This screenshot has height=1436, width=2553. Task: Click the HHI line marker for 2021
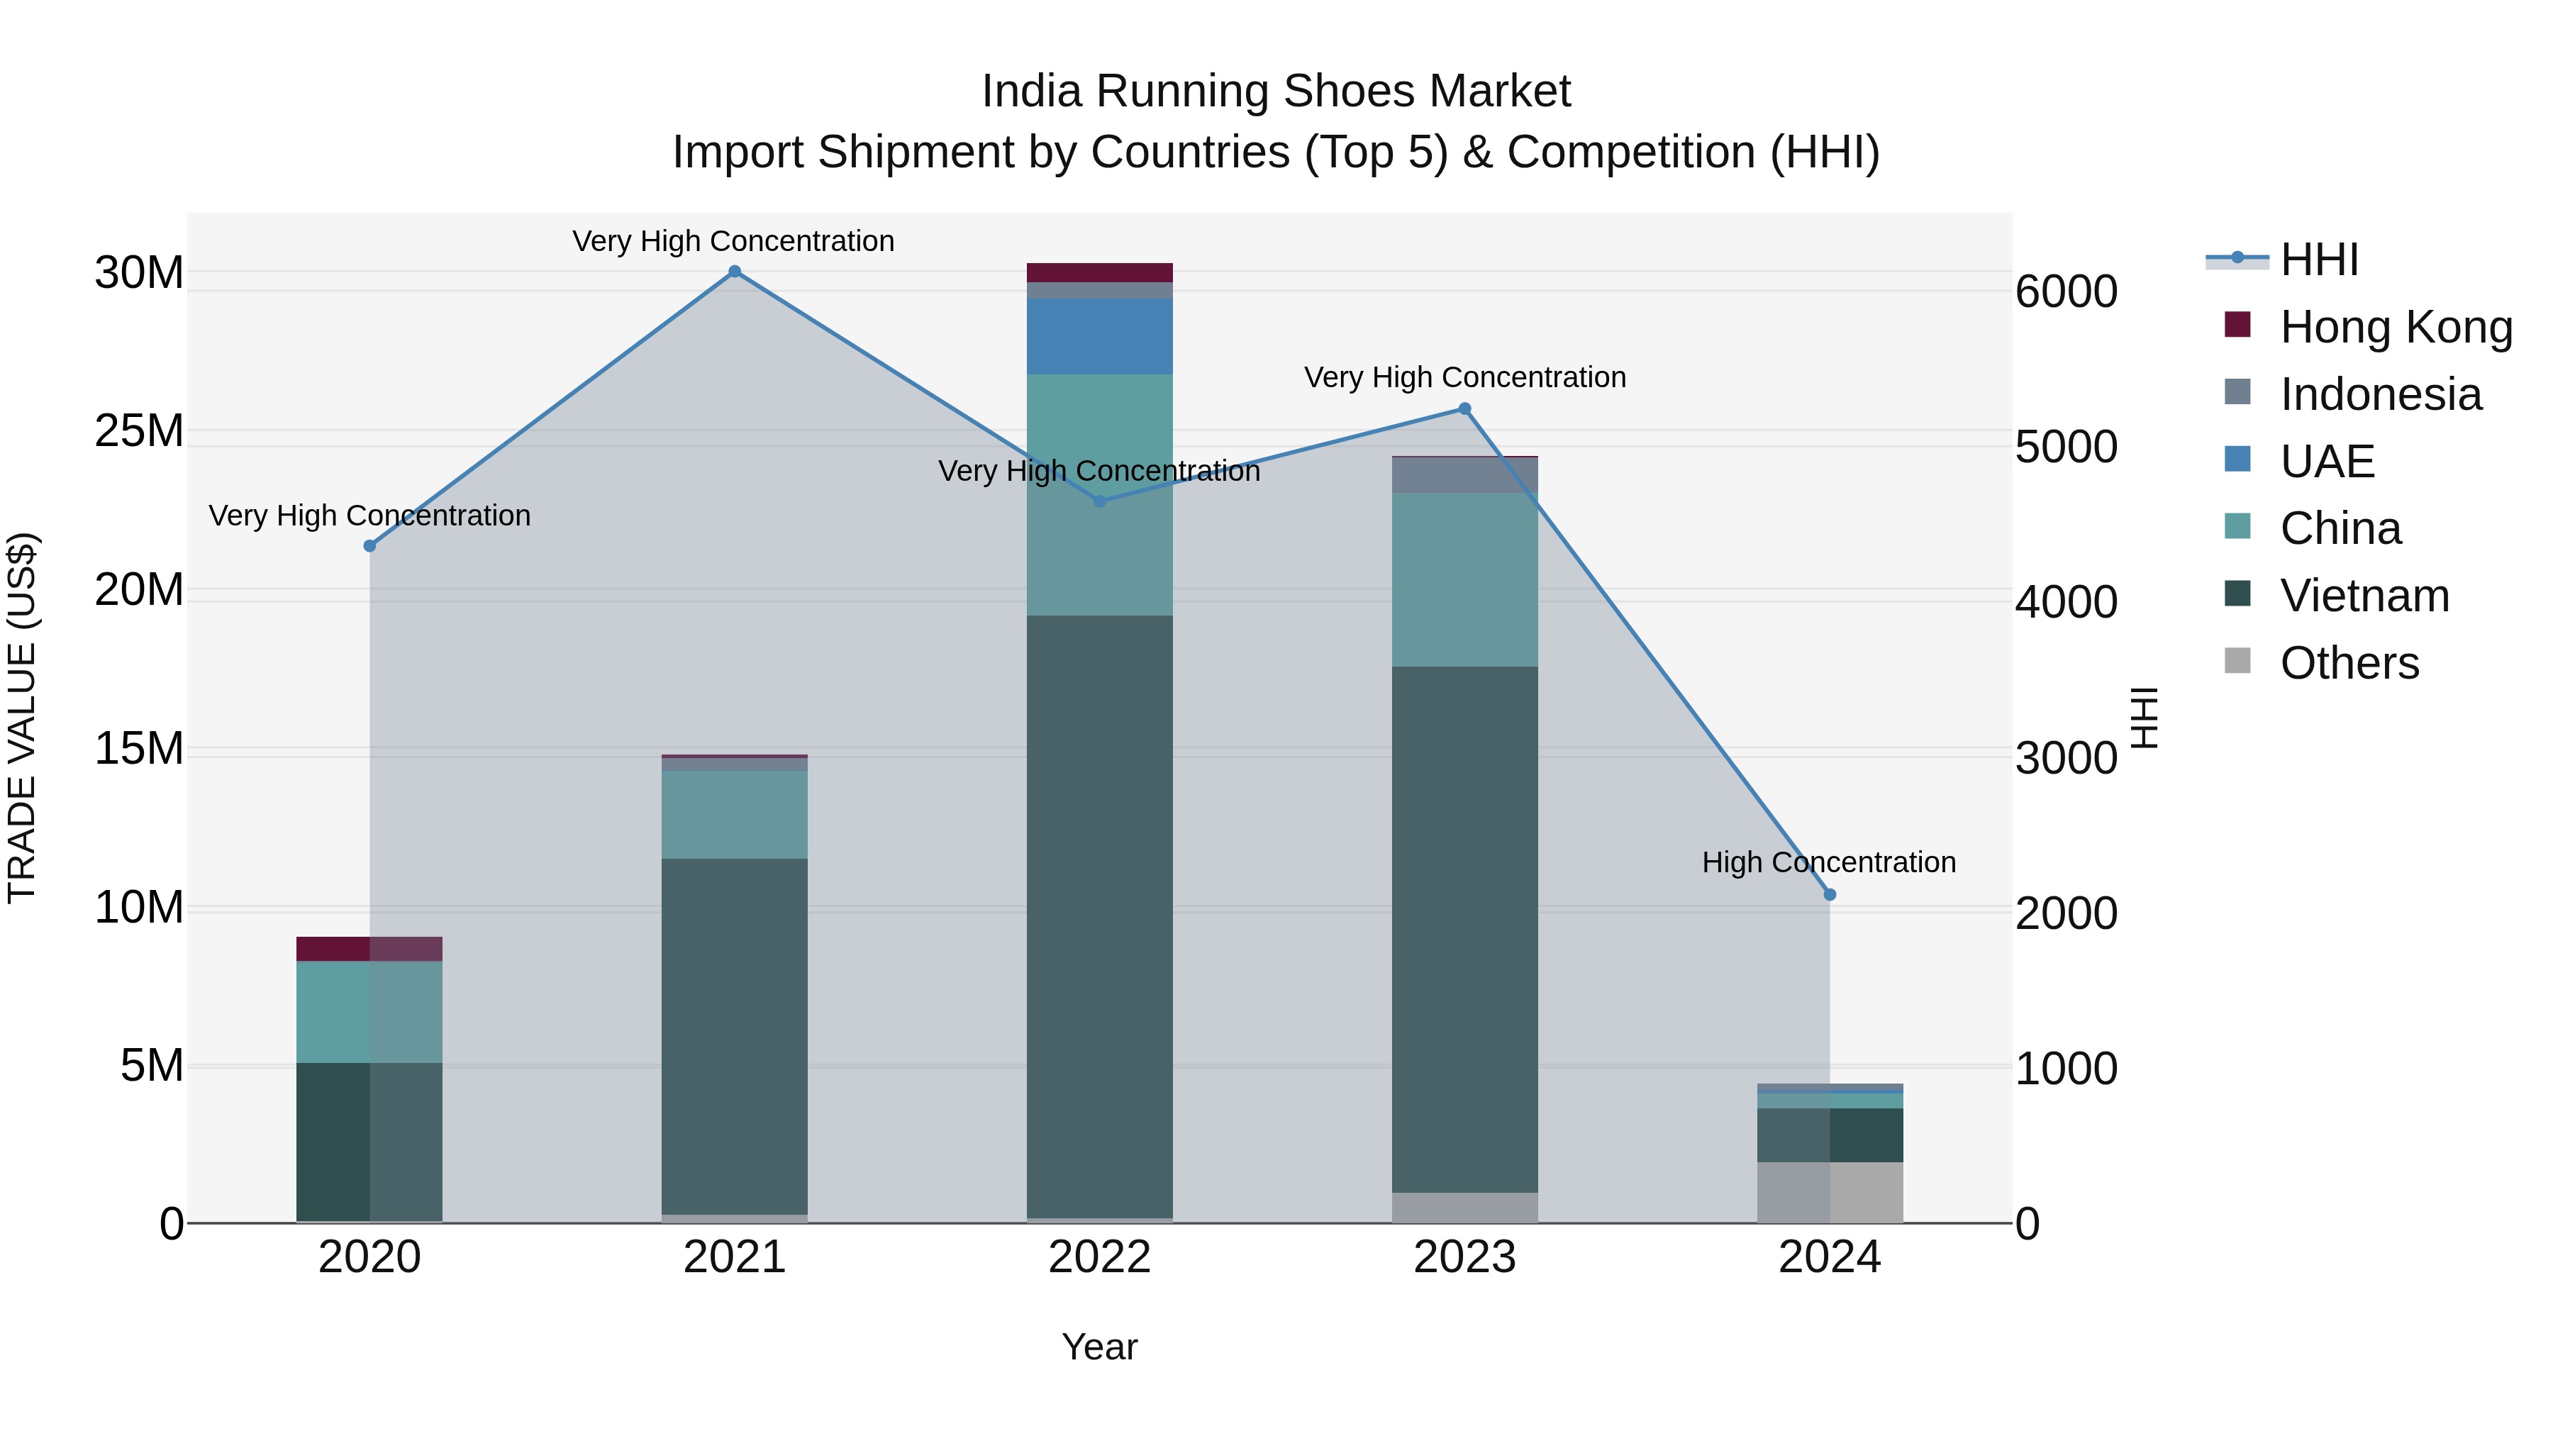(x=735, y=272)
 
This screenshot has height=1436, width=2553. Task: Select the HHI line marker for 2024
(x=1830, y=895)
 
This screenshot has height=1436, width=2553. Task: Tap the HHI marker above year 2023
(x=1465, y=409)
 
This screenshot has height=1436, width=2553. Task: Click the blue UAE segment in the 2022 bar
(x=1099, y=336)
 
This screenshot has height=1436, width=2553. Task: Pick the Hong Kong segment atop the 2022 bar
(x=1099, y=272)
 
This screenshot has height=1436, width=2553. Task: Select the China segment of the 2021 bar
(x=735, y=815)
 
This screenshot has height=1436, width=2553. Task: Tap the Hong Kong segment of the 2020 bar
(x=369, y=948)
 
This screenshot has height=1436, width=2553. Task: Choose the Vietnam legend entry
(x=2364, y=596)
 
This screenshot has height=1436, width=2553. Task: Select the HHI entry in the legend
(x=2318, y=260)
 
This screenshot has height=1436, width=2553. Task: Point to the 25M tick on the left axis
(x=139, y=431)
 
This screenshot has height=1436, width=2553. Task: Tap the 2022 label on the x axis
(x=1099, y=1257)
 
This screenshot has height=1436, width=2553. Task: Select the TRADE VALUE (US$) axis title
(x=22, y=718)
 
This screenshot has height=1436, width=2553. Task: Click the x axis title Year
(x=1099, y=1347)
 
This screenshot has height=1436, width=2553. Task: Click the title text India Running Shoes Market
(x=1276, y=91)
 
